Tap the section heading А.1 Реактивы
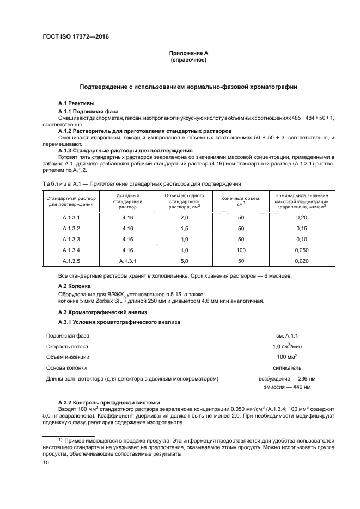tap(76, 103)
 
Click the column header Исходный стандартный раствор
tap(128, 201)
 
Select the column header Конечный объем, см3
tap(241, 201)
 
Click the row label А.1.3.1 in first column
tap(71, 217)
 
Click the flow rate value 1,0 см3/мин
tap(287, 346)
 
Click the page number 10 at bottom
tap(46, 463)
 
